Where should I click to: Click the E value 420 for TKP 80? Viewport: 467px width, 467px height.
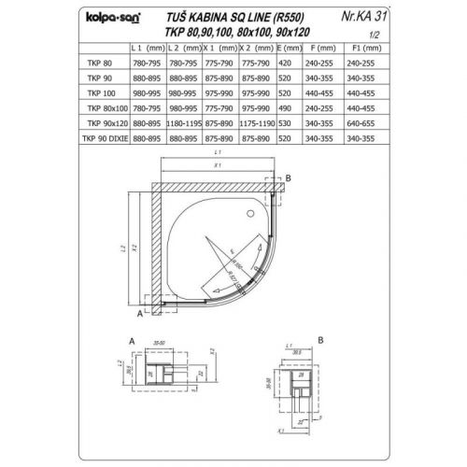click(286, 60)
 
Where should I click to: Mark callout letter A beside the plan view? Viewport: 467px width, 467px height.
click(139, 312)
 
